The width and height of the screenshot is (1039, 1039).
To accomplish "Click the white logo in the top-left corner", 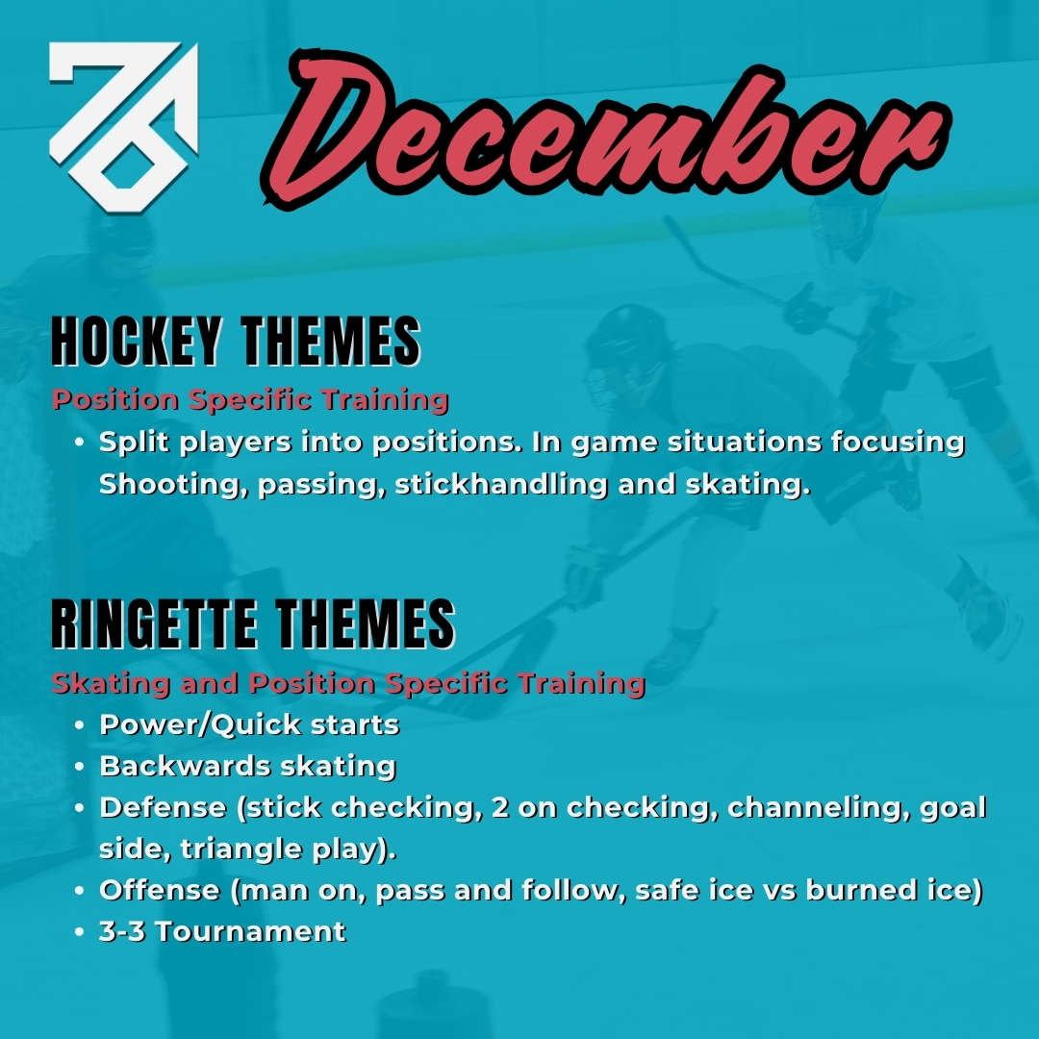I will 122,125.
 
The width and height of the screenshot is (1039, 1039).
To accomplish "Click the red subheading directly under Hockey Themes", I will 250,399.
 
